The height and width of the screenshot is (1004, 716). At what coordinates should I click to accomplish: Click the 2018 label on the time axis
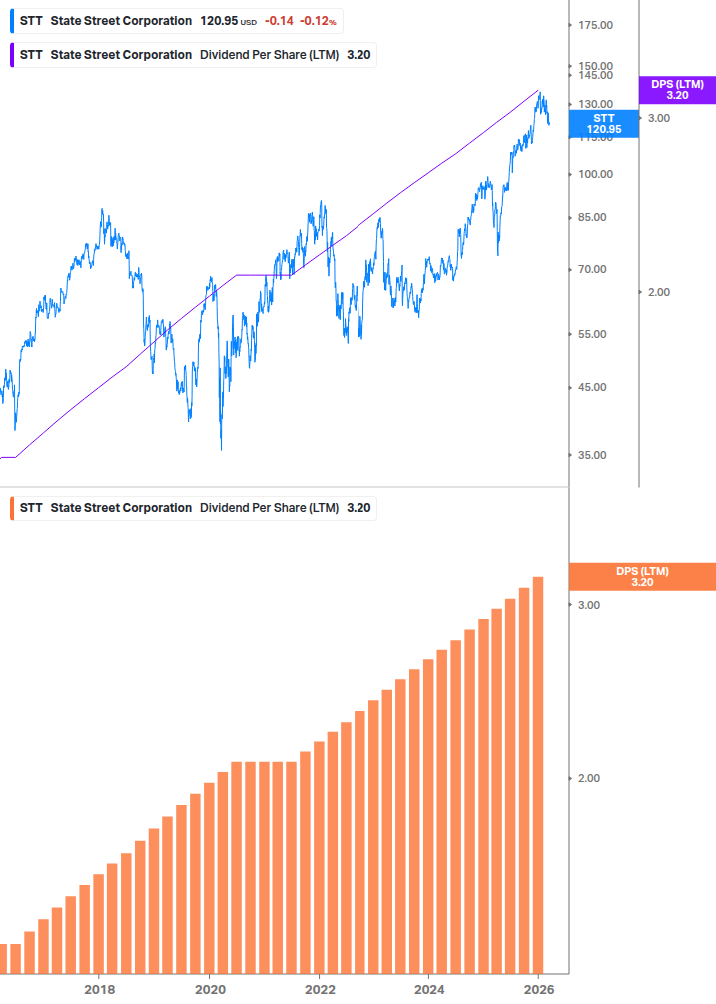coord(99,989)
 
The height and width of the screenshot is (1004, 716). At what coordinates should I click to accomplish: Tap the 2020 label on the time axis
coord(209,989)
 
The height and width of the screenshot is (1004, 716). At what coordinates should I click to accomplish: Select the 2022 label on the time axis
coord(319,989)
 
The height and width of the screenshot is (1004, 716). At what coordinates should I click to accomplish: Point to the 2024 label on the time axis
coord(428,989)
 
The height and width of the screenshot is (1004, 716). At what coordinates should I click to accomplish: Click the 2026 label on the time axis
coord(538,989)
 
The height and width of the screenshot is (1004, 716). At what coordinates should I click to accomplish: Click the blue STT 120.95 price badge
coord(602,124)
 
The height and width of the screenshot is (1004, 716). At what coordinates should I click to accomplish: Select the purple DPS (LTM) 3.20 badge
coord(677,90)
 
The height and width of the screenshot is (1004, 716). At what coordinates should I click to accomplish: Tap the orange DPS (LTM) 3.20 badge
coord(641,577)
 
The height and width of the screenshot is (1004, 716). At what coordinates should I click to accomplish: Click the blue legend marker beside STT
coord(10,21)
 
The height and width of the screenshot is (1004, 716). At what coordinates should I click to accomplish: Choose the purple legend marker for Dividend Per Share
coord(10,55)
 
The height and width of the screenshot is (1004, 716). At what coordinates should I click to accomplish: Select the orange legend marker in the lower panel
coord(10,508)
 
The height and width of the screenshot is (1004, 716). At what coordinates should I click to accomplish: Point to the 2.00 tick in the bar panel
coord(589,778)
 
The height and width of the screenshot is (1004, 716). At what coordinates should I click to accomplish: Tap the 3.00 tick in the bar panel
coord(589,605)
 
